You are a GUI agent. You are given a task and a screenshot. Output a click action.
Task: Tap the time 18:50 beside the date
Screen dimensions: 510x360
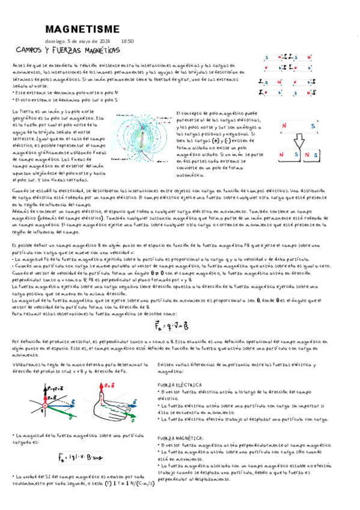point(127,41)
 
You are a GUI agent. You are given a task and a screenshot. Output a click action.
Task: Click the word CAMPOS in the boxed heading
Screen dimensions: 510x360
point(34,51)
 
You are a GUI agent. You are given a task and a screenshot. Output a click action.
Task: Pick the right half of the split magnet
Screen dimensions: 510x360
point(311,155)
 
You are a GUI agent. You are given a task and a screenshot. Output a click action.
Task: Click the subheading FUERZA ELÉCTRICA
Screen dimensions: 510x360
point(180,384)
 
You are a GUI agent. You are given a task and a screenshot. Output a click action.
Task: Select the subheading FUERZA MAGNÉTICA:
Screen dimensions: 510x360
point(182,438)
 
